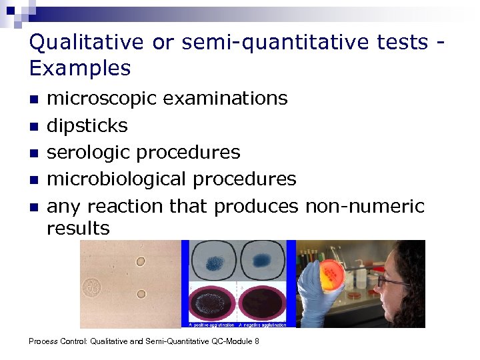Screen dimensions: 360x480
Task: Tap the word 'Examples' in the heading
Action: coord(80,68)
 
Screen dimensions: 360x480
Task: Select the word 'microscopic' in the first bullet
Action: coord(101,99)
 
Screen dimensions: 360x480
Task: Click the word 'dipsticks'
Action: coord(87,125)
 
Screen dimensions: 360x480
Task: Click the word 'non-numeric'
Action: coord(364,206)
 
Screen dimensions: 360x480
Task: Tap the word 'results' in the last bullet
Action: coord(78,228)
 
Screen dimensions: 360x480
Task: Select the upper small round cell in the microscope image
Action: coord(141,261)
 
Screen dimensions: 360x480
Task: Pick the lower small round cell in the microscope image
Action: coord(141,294)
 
